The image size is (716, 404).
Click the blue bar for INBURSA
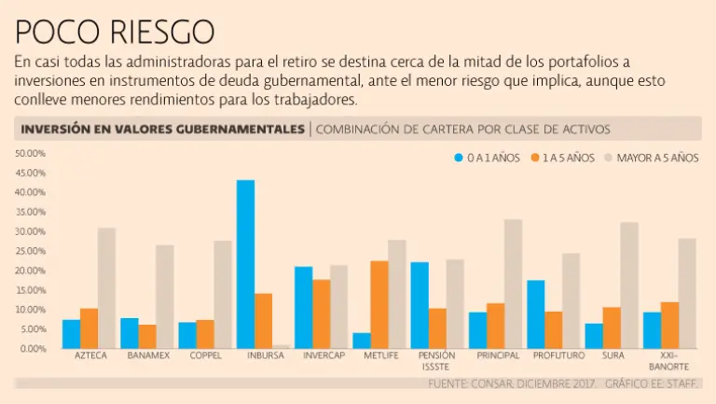(x=245, y=264)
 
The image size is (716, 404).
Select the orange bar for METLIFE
(x=379, y=304)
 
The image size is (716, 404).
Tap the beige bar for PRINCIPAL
(x=513, y=284)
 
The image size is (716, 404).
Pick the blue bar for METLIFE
(x=362, y=340)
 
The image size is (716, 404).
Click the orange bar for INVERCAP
(x=321, y=313)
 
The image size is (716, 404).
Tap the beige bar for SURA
(x=629, y=285)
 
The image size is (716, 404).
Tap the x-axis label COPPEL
(x=205, y=356)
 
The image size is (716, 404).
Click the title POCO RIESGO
(x=115, y=34)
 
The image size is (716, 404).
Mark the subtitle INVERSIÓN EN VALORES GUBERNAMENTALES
(x=162, y=129)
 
